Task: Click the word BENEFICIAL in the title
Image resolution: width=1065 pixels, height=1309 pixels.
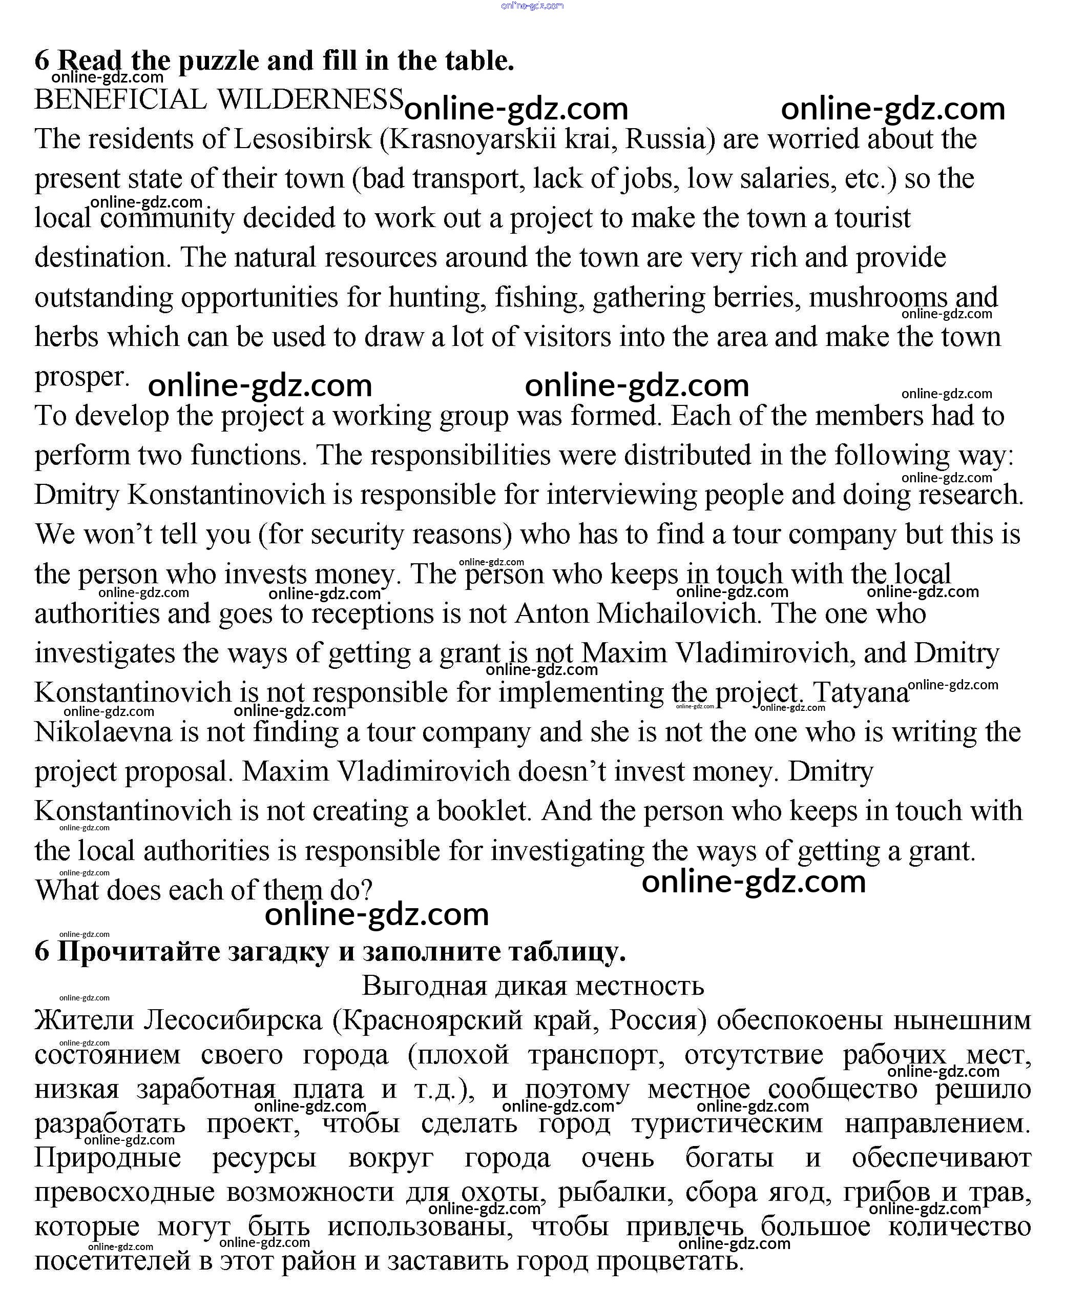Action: point(120,100)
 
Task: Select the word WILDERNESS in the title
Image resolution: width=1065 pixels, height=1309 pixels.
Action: point(310,100)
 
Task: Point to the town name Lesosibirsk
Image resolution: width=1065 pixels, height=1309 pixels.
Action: point(303,139)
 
